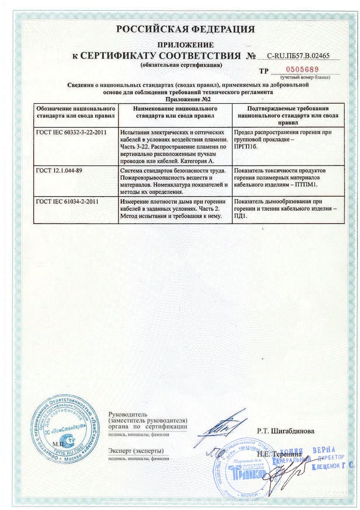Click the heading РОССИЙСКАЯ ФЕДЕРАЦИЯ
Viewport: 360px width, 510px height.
click(x=185, y=30)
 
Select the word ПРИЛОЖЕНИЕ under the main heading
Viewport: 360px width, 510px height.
click(x=185, y=45)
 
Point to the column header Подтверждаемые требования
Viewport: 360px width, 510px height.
click(x=287, y=109)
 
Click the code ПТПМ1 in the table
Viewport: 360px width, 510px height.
click(x=306, y=184)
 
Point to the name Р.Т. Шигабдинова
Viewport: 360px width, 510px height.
click(x=285, y=431)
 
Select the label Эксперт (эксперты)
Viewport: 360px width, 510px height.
click(x=136, y=450)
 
